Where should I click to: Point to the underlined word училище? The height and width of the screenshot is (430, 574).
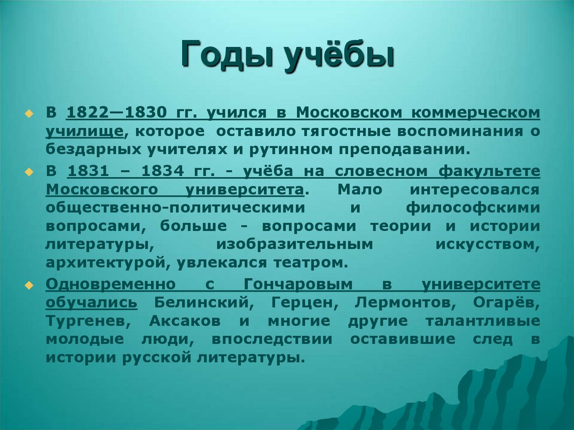(x=85, y=131)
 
